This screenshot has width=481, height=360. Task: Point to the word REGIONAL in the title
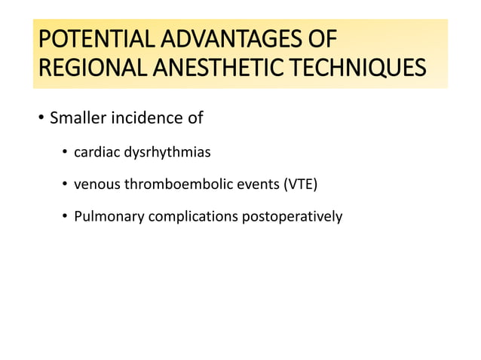tap(93, 70)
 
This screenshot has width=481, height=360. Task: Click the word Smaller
tap(77, 118)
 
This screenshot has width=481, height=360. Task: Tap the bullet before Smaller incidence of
tap(41, 119)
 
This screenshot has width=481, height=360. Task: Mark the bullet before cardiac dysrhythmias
tap(66, 154)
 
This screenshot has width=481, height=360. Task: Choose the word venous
tap(95, 185)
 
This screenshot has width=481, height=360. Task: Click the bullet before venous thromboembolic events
tap(66, 185)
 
